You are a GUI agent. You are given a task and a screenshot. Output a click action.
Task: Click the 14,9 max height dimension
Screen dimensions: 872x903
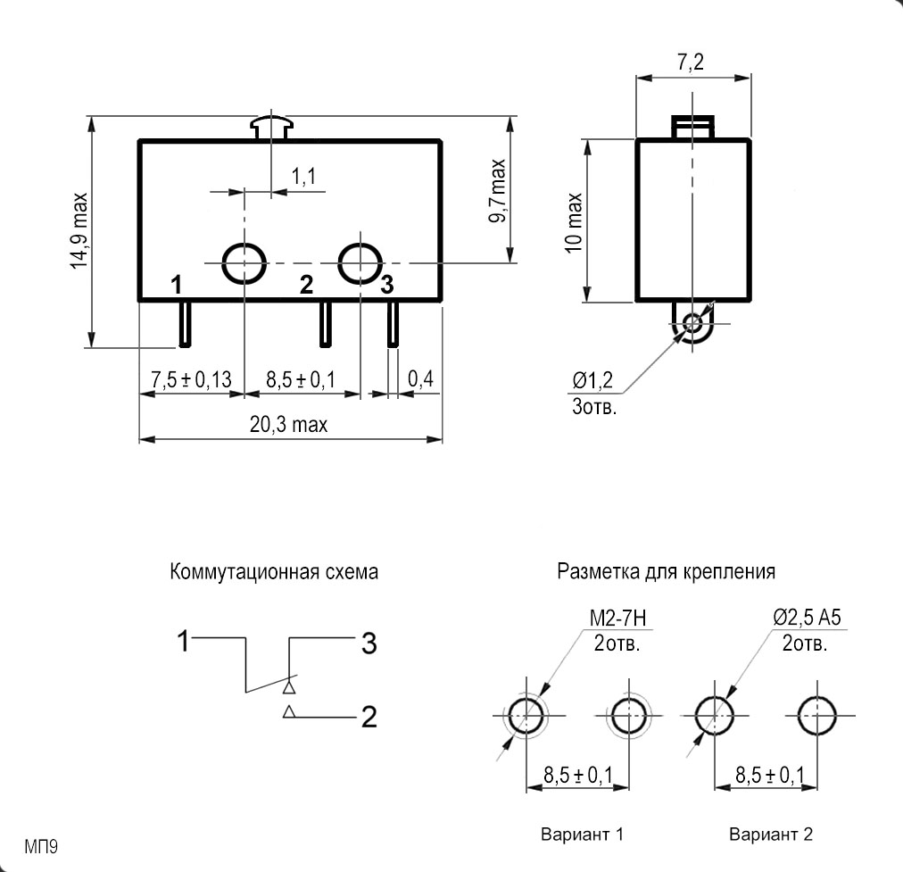tap(79, 230)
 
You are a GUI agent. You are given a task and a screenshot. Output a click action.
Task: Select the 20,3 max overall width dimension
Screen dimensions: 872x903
tap(288, 425)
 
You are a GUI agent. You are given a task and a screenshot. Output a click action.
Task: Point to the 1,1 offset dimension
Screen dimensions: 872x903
tap(303, 177)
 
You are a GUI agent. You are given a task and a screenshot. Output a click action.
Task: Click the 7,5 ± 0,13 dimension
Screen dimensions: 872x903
tap(191, 379)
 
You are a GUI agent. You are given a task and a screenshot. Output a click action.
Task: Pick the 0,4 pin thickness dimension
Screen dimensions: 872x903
tap(420, 379)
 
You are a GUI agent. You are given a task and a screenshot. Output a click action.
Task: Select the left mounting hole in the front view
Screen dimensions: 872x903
tap(244, 262)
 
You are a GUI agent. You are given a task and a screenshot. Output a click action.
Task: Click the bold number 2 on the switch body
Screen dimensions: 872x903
tap(306, 285)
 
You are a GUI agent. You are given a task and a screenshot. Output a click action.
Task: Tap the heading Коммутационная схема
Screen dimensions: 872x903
tap(275, 572)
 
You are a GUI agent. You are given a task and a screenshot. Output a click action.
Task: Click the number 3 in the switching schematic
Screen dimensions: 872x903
tap(369, 643)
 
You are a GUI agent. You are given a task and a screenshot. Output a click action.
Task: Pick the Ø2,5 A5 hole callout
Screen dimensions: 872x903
tap(808, 616)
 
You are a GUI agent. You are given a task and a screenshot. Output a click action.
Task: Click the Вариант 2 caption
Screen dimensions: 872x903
tap(771, 835)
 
